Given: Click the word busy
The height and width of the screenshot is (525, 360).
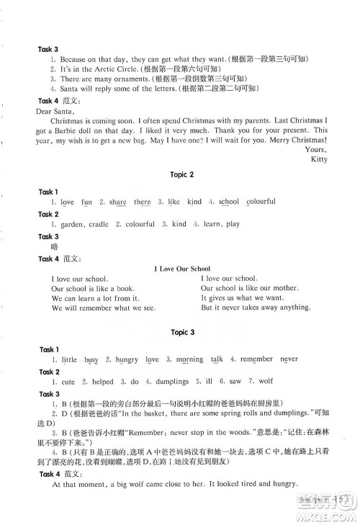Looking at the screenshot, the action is [91, 359].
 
